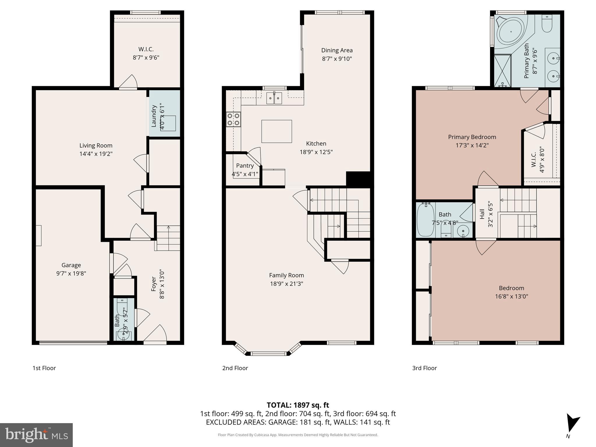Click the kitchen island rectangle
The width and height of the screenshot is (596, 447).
(x=276, y=131)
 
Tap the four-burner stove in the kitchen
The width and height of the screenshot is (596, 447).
(x=234, y=120)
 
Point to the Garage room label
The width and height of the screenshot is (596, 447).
(x=71, y=265)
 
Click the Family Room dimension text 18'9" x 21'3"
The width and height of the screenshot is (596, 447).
(x=286, y=283)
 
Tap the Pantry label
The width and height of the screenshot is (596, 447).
(x=245, y=166)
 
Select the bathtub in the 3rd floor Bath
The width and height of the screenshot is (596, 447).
(x=425, y=220)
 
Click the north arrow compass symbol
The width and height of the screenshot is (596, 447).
(x=572, y=425)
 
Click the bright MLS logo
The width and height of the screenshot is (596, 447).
(x=36, y=435)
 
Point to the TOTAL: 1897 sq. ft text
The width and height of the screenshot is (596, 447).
(x=298, y=405)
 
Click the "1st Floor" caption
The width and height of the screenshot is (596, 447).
(x=44, y=368)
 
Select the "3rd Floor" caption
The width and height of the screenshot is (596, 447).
(x=424, y=368)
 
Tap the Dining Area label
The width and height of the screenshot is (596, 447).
(x=337, y=50)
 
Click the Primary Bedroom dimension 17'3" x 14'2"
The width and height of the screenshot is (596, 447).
(x=472, y=145)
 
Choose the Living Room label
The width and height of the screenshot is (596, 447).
(x=96, y=146)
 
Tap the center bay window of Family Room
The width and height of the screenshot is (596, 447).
(x=268, y=354)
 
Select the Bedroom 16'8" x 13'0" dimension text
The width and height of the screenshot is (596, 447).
(x=511, y=297)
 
